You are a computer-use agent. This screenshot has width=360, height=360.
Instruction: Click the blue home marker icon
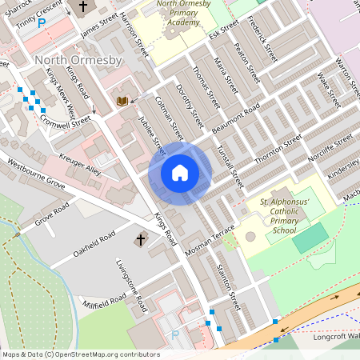point(180,173)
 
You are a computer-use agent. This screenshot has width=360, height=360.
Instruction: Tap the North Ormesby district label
point(76,61)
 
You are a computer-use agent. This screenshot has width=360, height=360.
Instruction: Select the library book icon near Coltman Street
point(122,101)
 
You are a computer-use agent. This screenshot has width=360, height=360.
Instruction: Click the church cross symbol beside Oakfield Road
point(141,239)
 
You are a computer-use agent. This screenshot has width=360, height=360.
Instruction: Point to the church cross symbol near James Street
point(82,6)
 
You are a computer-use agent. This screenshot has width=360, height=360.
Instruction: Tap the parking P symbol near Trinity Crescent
point(42,24)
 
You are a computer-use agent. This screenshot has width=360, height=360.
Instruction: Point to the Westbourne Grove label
point(35,172)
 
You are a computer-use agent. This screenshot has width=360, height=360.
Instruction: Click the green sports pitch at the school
point(310,238)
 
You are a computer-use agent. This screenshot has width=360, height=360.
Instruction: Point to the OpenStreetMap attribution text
point(81,354)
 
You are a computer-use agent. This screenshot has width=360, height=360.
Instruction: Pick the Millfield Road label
point(103,301)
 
